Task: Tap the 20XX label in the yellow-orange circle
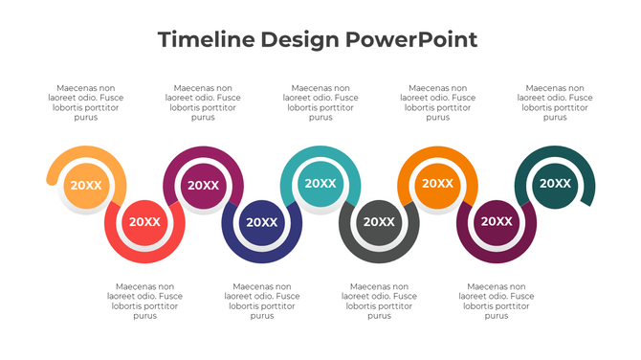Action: click(x=86, y=185)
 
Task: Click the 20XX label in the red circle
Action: click(x=144, y=221)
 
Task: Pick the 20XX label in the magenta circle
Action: click(x=203, y=185)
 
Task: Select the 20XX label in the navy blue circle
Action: click(x=261, y=221)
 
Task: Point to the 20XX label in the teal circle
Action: click(x=320, y=183)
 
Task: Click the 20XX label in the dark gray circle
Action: click(x=379, y=221)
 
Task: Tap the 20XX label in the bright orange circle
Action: click(x=437, y=183)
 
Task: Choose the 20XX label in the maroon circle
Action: click(x=496, y=221)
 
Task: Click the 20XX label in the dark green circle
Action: click(x=555, y=183)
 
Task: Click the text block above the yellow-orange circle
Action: click(x=86, y=102)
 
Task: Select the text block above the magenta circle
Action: click(x=203, y=102)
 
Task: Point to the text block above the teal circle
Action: click(x=320, y=102)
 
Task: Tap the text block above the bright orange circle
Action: click(x=437, y=102)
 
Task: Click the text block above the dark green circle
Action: click(x=555, y=102)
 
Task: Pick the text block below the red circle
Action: click(x=144, y=301)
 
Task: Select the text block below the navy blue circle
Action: click(x=261, y=301)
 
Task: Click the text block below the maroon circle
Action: click(x=496, y=301)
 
